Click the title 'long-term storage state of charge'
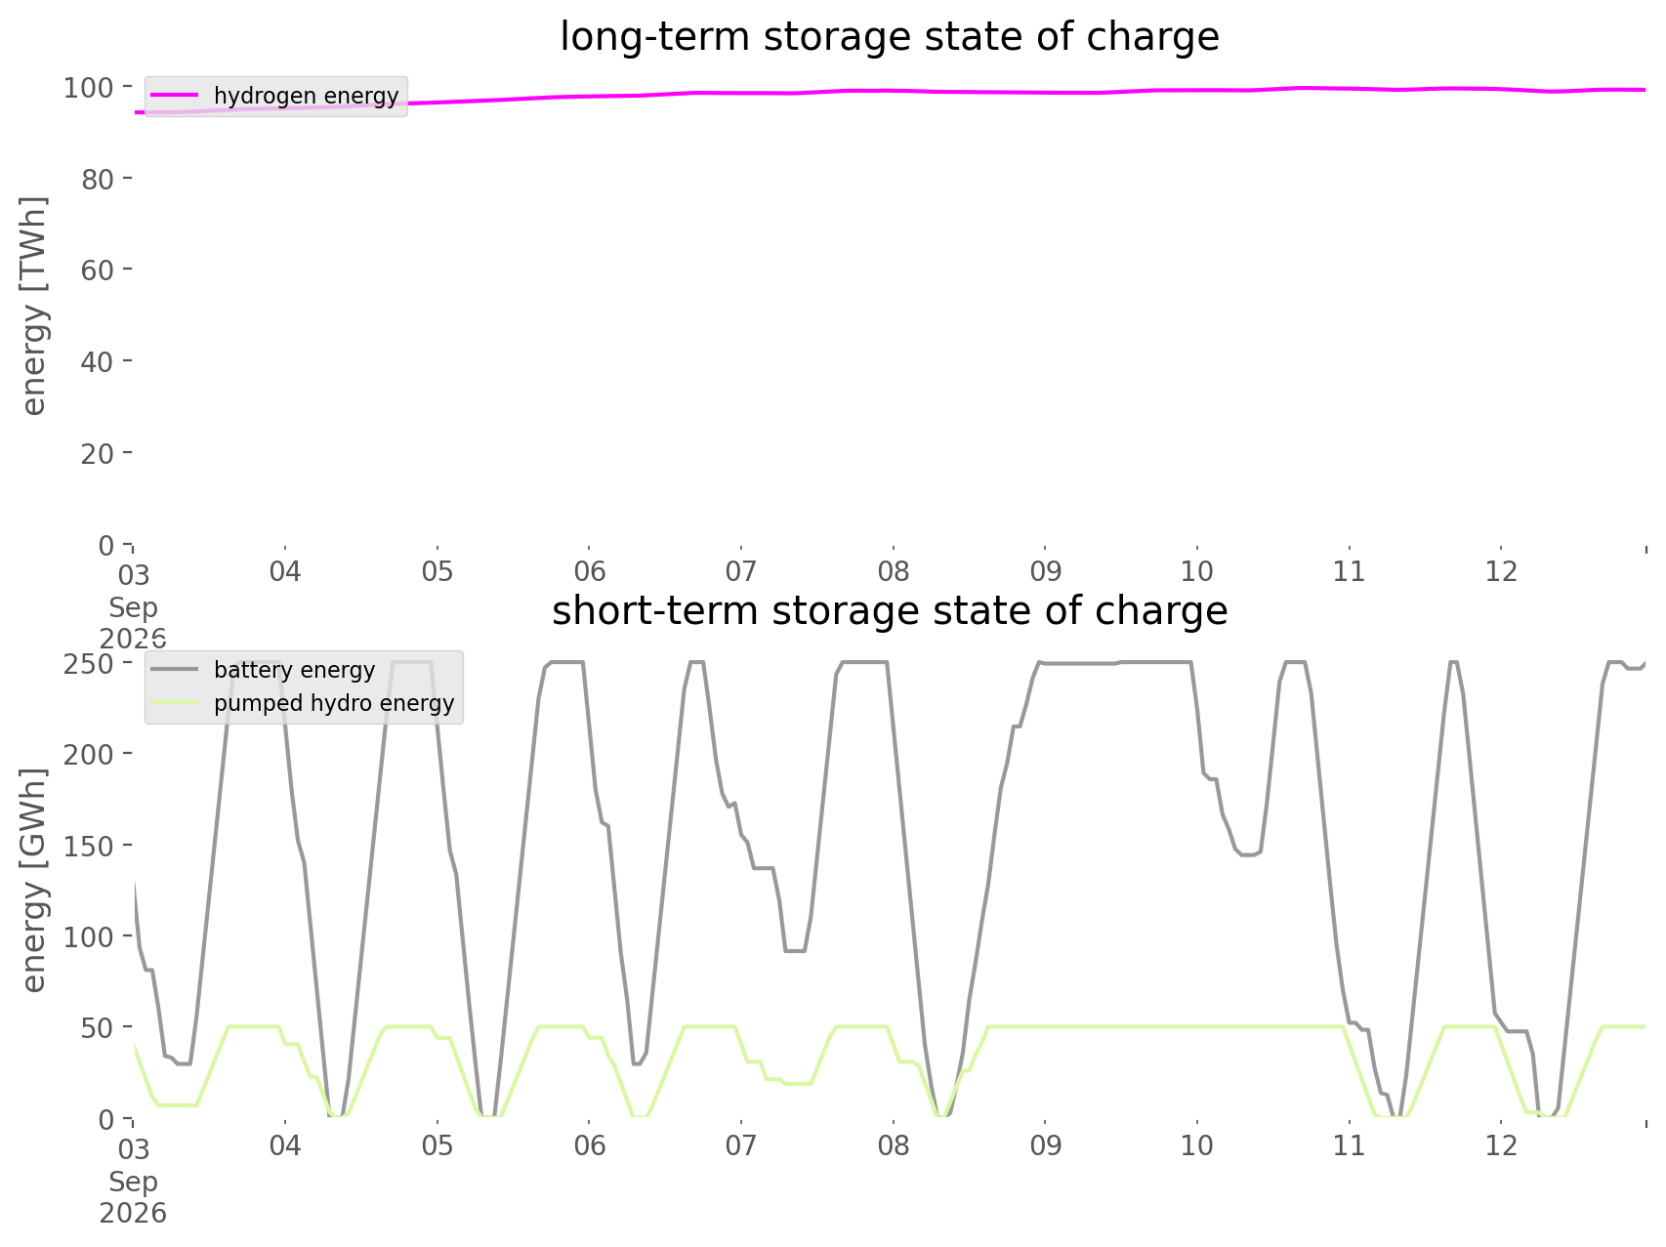(x=890, y=37)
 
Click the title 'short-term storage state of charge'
(x=890, y=611)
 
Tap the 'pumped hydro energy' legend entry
(x=302, y=703)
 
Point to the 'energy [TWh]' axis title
(x=34, y=306)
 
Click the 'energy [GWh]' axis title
(x=34, y=880)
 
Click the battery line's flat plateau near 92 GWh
(x=795, y=950)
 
